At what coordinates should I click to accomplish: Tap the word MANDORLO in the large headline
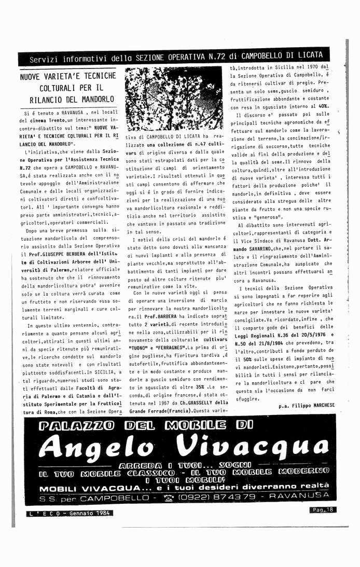(x=96, y=99)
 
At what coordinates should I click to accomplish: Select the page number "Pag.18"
(x=323, y=510)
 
